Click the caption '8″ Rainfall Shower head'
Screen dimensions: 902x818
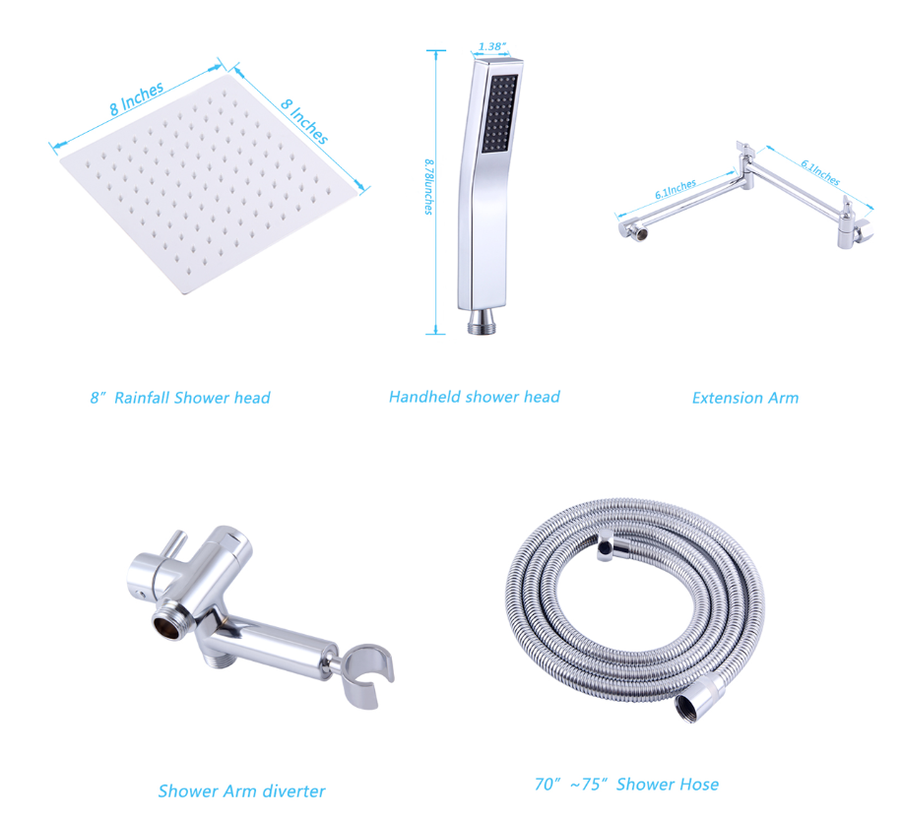tap(180, 398)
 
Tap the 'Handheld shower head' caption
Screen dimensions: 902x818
tap(474, 397)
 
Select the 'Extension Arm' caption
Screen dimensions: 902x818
tap(745, 398)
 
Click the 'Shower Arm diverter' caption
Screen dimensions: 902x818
tap(241, 791)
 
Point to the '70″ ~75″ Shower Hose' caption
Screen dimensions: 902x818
tap(626, 785)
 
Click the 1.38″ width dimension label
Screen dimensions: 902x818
tap(491, 46)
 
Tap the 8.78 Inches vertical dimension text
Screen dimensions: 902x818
tap(429, 187)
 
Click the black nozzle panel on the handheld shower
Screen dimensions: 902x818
tap(498, 114)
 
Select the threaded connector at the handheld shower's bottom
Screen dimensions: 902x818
tap(483, 322)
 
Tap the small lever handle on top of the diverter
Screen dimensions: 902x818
tap(173, 543)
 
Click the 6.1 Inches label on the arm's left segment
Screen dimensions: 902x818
tap(676, 189)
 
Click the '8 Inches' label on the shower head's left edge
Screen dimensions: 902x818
tap(137, 98)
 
